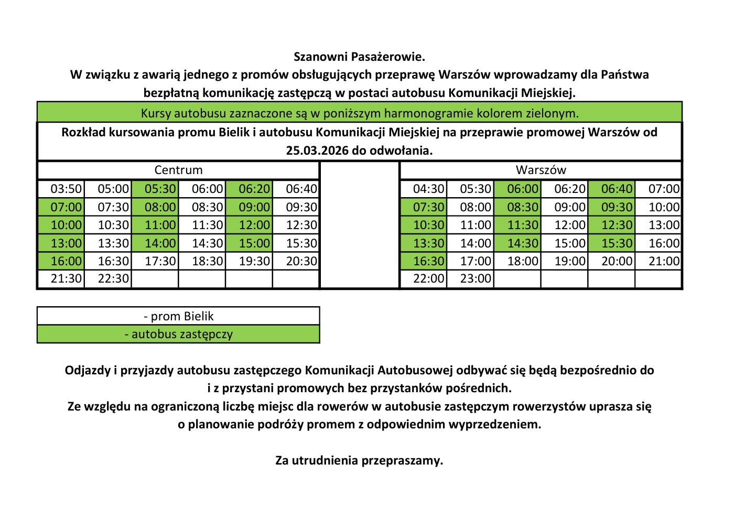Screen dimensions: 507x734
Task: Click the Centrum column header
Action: coord(178,170)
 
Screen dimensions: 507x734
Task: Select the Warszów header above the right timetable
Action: coord(541,170)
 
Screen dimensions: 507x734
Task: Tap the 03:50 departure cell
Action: coord(66,189)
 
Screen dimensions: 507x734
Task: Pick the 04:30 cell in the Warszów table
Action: coord(428,189)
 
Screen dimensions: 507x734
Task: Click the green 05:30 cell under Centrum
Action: coord(160,189)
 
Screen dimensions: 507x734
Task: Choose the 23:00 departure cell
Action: coord(476,279)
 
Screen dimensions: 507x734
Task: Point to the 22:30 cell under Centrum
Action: coord(113,279)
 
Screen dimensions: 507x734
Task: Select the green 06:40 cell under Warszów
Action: coord(617,189)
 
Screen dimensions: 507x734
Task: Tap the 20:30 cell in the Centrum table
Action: coord(301,261)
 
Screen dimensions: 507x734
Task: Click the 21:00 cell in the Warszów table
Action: coord(664,261)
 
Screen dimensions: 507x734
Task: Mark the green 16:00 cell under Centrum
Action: coord(66,261)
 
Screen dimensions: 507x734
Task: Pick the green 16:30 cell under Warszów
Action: coord(428,261)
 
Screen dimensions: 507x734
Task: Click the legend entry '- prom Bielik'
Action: coord(178,316)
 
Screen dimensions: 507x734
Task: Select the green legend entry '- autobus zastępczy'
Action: coord(178,334)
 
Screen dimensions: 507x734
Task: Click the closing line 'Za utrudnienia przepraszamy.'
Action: coord(359,460)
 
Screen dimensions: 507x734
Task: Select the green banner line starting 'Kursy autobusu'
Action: coord(359,113)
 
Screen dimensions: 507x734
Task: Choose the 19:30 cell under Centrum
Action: coord(254,261)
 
